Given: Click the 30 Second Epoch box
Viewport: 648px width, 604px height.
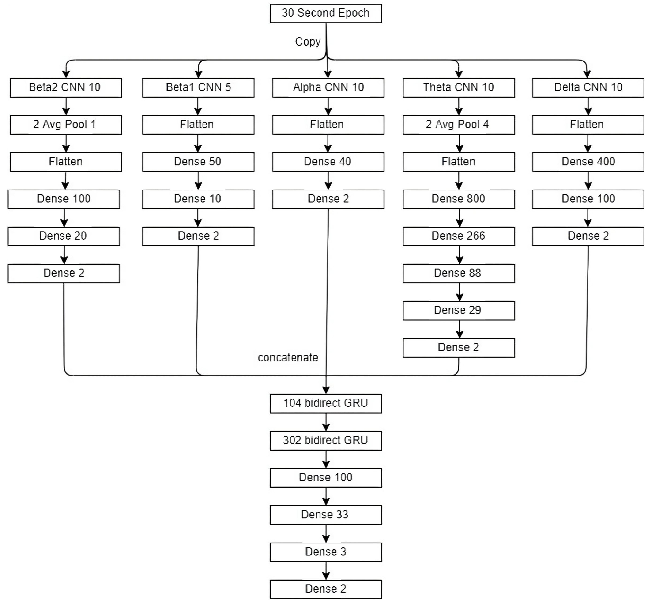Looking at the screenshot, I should pyautogui.click(x=326, y=13).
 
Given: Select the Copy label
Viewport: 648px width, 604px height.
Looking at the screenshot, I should pyautogui.click(x=308, y=42).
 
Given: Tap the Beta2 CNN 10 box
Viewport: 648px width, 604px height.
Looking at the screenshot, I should pyautogui.click(x=66, y=87).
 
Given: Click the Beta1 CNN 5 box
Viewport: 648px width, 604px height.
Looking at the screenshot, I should pyautogui.click(x=198, y=87).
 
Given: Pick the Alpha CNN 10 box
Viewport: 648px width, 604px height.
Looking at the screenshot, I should pyautogui.click(x=328, y=87).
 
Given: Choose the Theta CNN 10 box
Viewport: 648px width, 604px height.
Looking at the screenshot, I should pyautogui.click(x=459, y=87).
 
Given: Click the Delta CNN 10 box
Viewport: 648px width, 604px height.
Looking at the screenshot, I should pyautogui.click(x=588, y=87).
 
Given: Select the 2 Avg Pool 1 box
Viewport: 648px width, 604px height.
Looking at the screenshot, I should pyautogui.click(x=66, y=125).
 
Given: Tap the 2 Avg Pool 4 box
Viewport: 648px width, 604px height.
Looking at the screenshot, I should pyautogui.click(x=459, y=125).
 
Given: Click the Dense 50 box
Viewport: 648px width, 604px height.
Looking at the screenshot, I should pyautogui.click(x=198, y=162).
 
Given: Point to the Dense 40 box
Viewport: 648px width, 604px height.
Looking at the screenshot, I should pyautogui.click(x=328, y=162).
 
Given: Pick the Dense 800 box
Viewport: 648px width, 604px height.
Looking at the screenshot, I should pyautogui.click(x=459, y=199).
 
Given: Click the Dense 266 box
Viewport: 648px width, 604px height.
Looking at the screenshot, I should pyautogui.click(x=459, y=236).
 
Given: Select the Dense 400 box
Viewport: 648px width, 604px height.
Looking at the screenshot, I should pyautogui.click(x=588, y=162).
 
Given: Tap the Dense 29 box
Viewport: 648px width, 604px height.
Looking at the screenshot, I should pyautogui.click(x=459, y=311).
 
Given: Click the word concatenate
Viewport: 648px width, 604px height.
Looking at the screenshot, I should pyautogui.click(x=288, y=358).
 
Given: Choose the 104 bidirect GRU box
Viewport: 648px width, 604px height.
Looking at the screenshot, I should pyautogui.click(x=326, y=403).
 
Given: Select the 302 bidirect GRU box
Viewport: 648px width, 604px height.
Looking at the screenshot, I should pyautogui.click(x=326, y=441).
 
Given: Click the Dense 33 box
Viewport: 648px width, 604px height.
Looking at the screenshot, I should pyautogui.click(x=326, y=515).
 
